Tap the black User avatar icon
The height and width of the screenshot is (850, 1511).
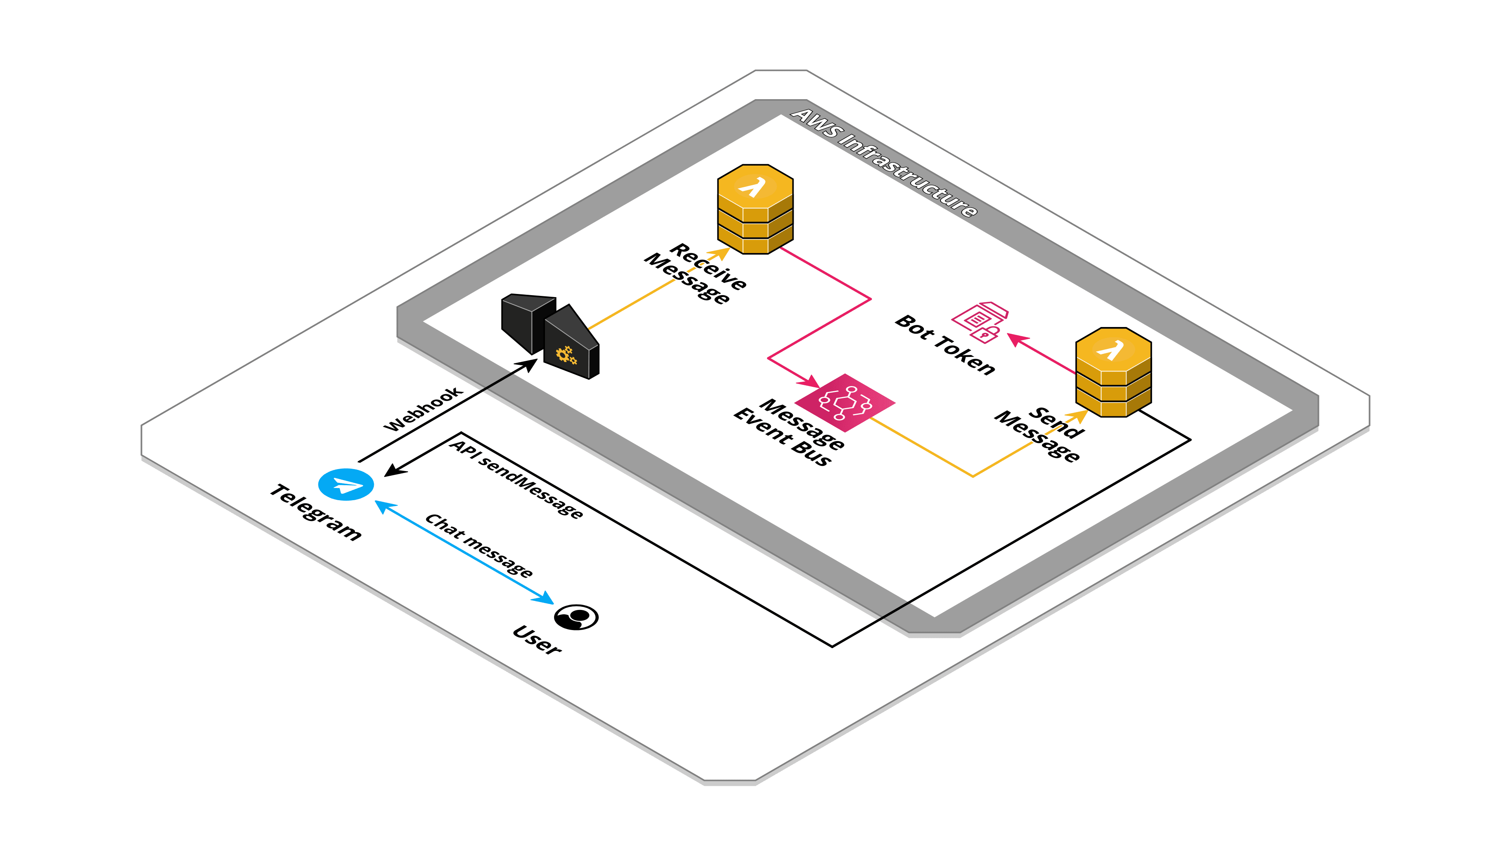tap(576, 617)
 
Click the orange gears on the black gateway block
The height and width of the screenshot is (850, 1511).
tap(566, 354)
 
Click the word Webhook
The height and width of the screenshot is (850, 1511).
tap(422, 409)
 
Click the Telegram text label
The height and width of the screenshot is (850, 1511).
tap(316, 512)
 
